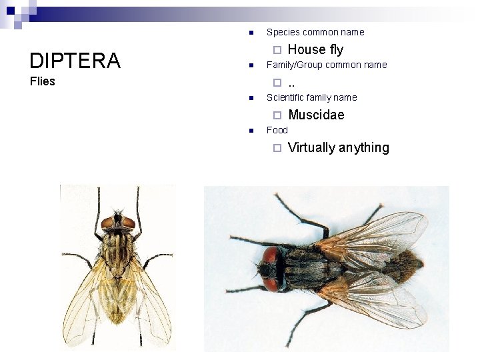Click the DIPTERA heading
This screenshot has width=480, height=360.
click(x=75, y=61)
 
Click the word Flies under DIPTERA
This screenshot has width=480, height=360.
click(x=43, y=82)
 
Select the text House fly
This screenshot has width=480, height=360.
click(x=315, y=49)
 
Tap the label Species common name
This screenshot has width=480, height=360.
click(x=315, y=32)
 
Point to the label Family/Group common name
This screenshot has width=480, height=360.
click(x=326, y=65)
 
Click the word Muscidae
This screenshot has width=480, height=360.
click(x=316, y=115)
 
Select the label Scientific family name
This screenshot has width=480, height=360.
click(x=311, y=97)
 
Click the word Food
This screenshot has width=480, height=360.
click(x=277, y=130)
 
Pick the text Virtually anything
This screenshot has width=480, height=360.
click(x=338, y=147)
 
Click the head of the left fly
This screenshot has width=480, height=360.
click(x=118, y=221)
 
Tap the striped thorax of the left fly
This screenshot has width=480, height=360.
click(x=118, y=250)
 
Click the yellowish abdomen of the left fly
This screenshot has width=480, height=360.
click(x=119, y=293)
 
